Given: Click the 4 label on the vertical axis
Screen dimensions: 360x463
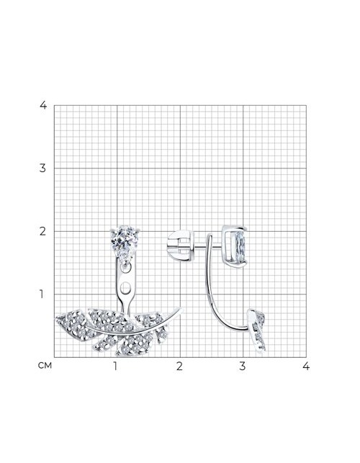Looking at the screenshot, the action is point(43,105).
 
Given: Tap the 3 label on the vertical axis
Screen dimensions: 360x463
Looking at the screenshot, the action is point(43,168).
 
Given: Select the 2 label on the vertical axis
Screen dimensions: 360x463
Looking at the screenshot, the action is point(43,232).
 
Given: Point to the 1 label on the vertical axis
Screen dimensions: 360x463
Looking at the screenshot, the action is point(42,294).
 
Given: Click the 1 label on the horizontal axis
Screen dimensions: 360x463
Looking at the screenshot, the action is point(115,367).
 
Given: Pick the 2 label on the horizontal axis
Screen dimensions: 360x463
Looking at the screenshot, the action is point(179,367).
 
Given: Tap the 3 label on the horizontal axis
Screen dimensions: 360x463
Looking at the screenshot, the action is point(243,367).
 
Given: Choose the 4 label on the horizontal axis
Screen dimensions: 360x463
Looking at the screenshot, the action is point(306,367).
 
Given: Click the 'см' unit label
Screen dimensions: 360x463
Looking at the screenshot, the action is point(45,366).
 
